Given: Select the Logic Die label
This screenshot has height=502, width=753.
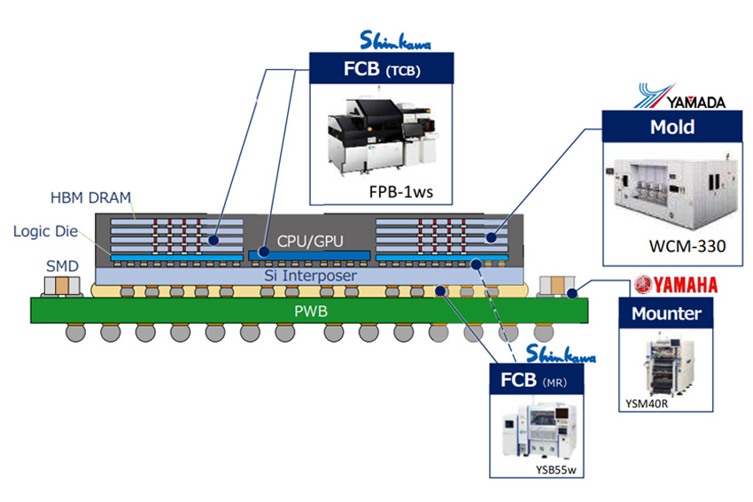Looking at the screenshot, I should click(x=43, y=231).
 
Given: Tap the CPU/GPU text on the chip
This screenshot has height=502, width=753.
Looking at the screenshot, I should click(x=307, y=240).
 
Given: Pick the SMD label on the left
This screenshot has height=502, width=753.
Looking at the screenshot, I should click(x=62, y=266).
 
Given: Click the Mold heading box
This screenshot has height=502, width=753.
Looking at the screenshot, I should click(x=671, y=127).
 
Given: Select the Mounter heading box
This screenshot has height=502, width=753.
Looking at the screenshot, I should click(x=666, y=313).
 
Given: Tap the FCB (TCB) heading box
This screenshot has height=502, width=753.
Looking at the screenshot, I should click(x=381, y=68).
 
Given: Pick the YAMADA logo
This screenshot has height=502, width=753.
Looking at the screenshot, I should click(x=681, y=97).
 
